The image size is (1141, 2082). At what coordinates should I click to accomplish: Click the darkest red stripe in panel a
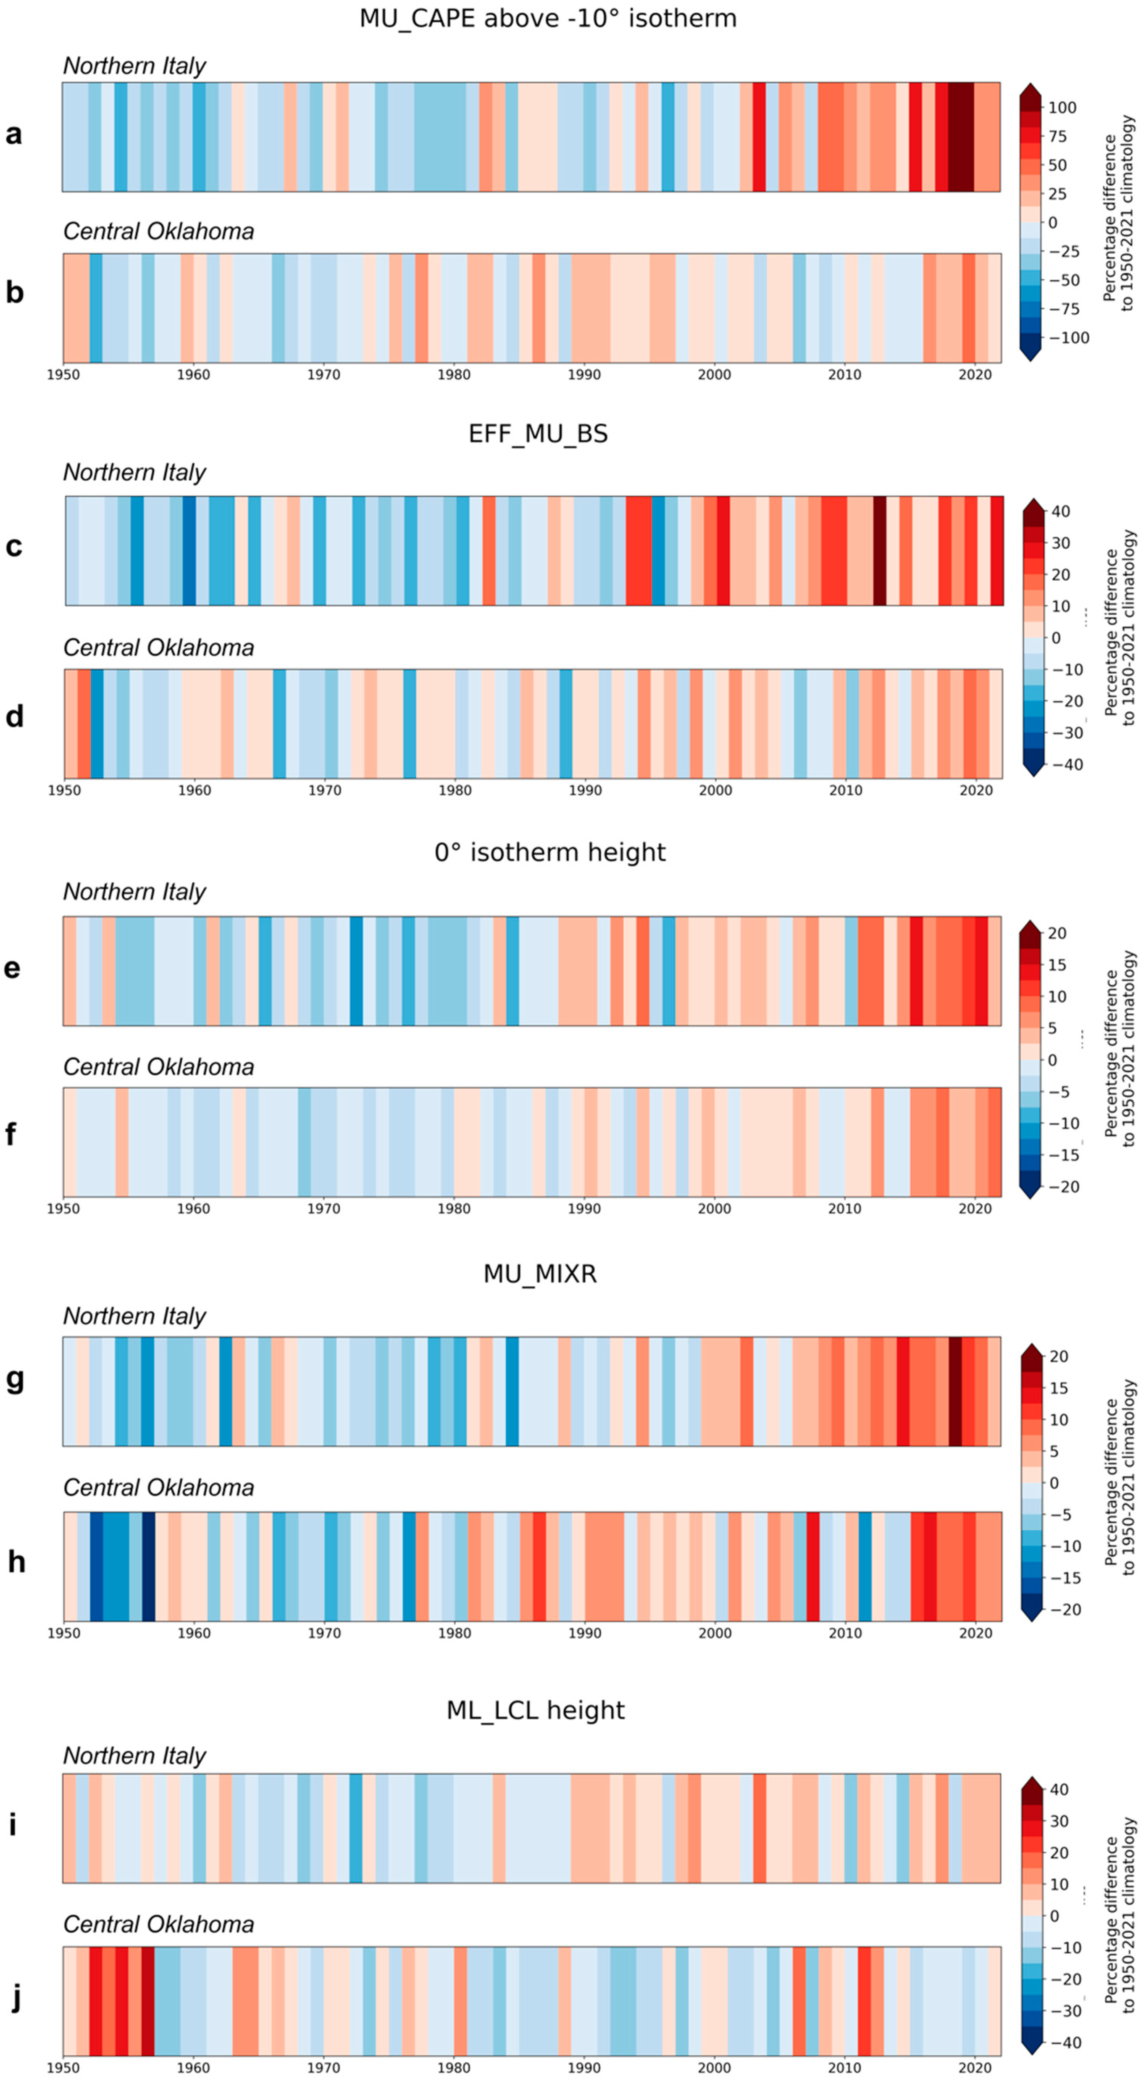(x=960, y=137)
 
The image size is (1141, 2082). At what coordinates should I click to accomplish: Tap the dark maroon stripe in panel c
(x=879, y=550)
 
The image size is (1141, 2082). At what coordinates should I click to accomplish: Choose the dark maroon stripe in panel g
(x=954, y=1391)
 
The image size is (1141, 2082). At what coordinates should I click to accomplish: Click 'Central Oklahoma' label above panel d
(x=158, y=647)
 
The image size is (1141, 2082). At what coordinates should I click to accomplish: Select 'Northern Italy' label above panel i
(x=134, y=1756)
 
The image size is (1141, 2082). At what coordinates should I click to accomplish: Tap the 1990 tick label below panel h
(x=584, y=1633)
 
